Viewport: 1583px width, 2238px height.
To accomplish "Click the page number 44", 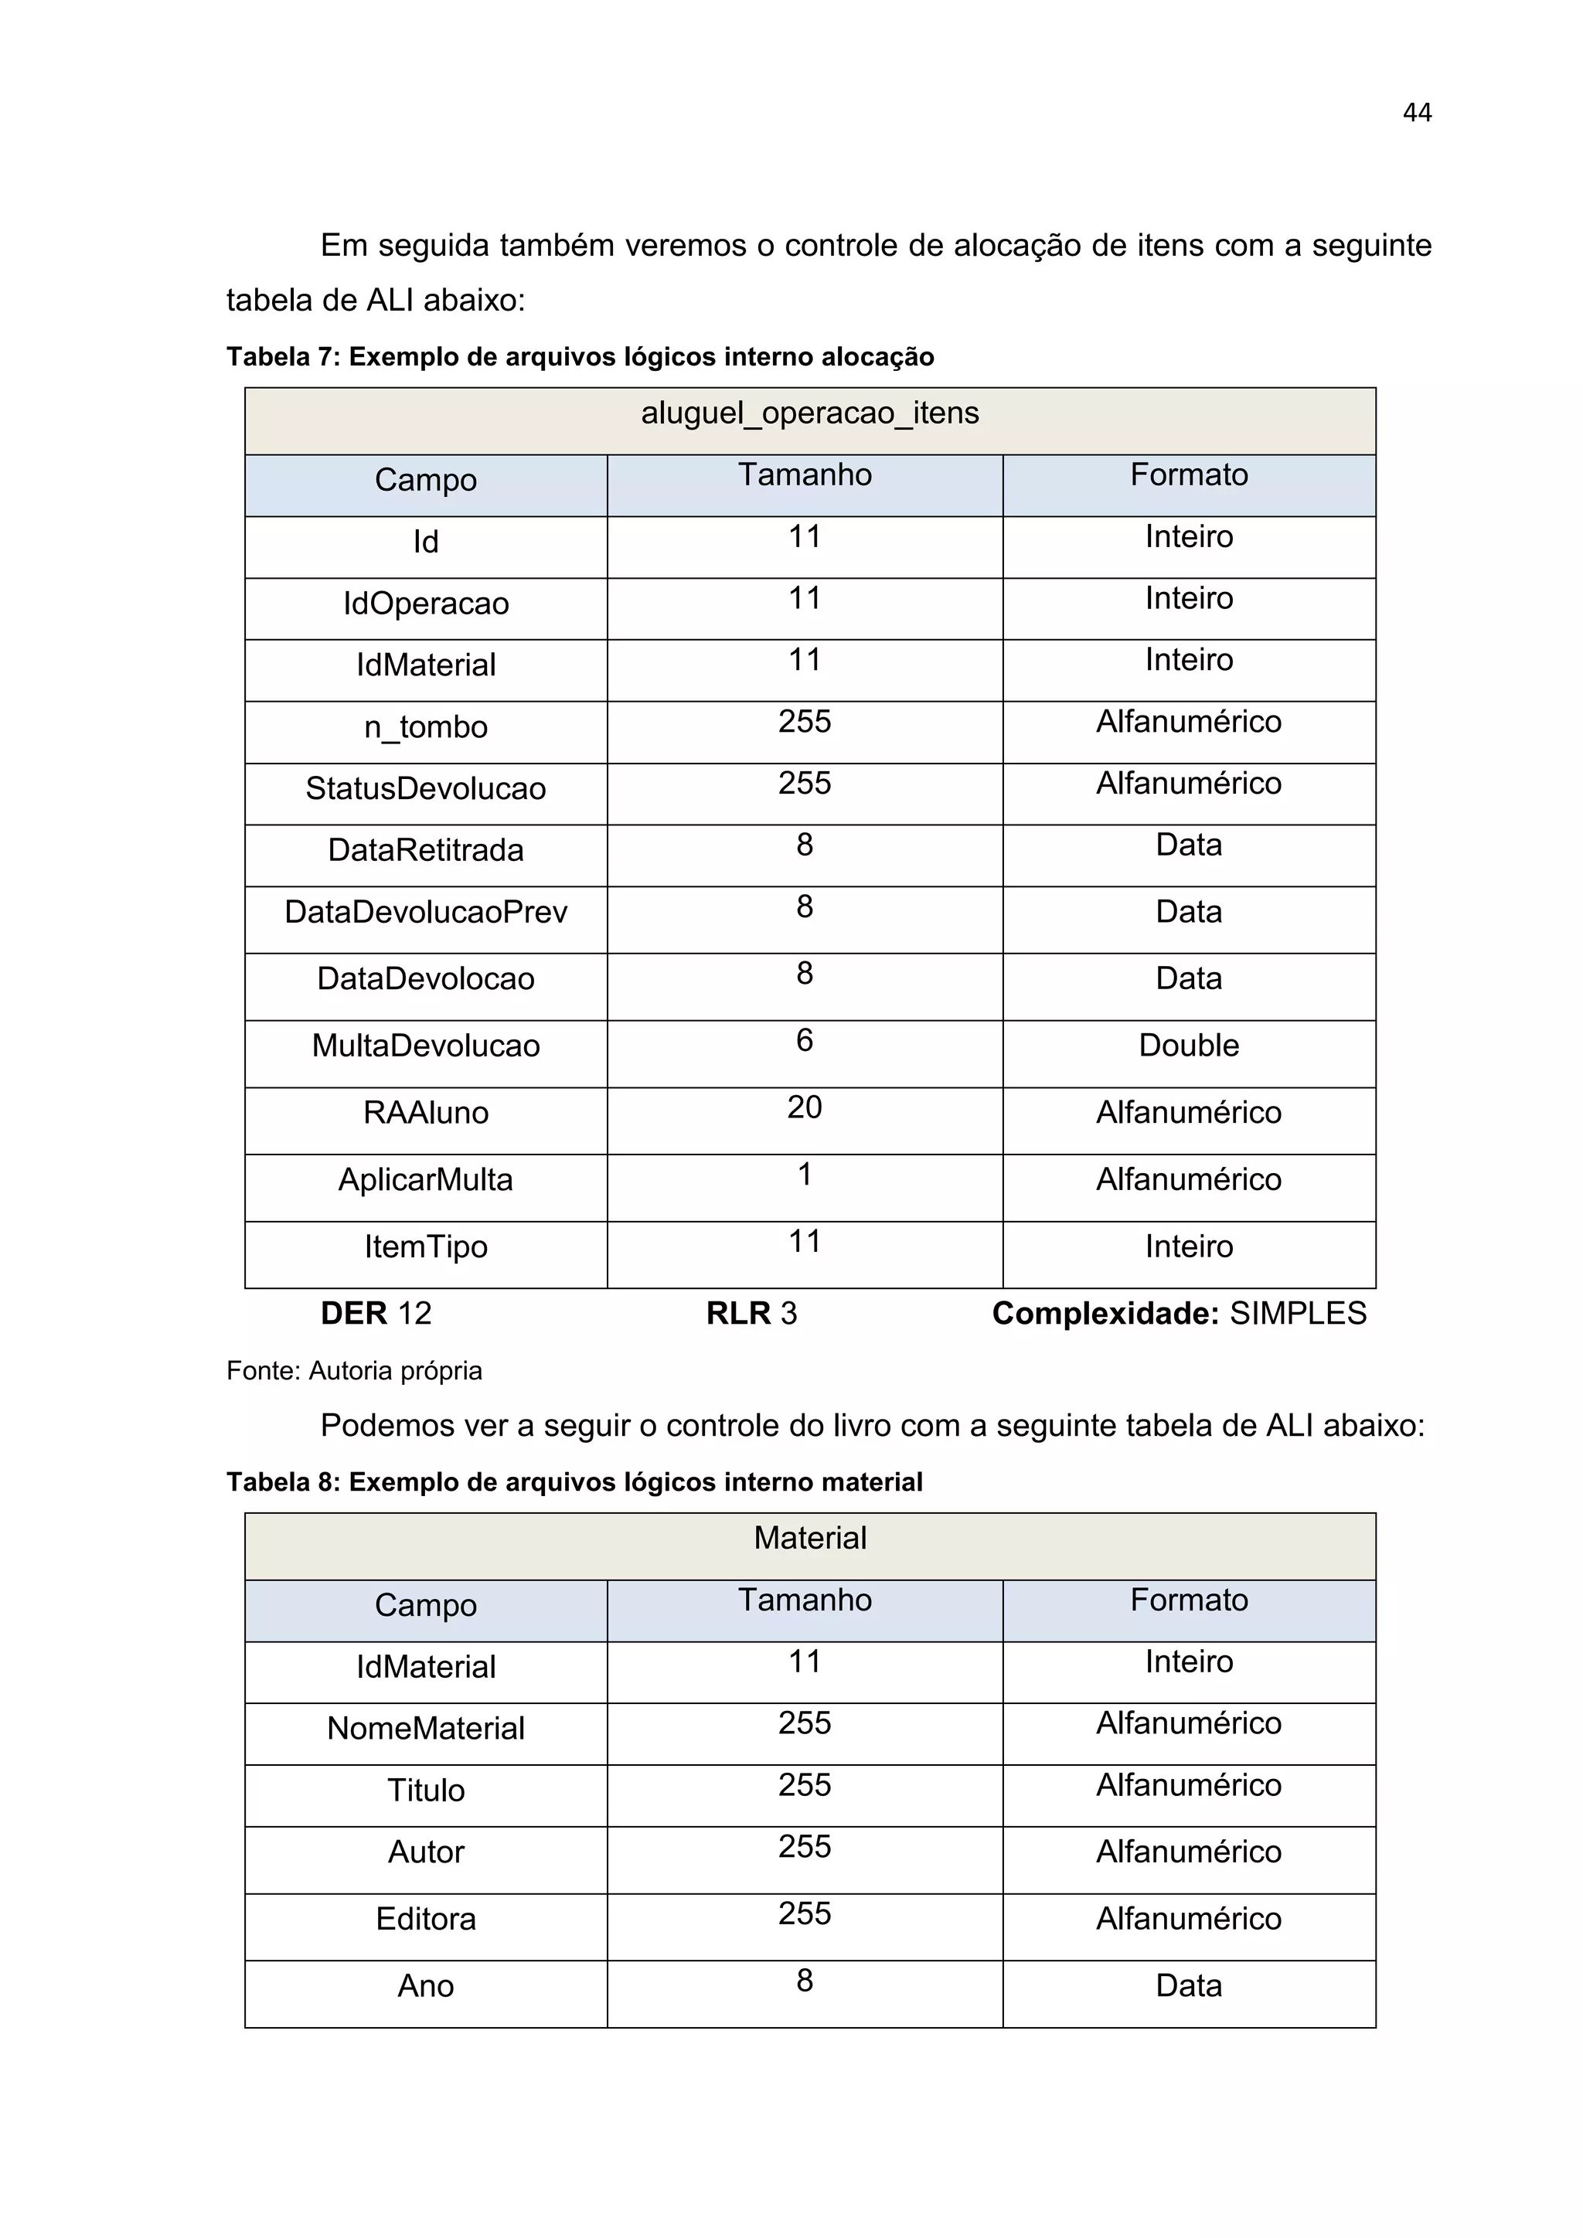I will [1416, 113].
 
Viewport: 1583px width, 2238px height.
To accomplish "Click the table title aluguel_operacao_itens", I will [809, 413].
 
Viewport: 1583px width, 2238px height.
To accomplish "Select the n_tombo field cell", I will [425, 727].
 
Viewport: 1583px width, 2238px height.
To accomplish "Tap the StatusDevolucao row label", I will [425, 788].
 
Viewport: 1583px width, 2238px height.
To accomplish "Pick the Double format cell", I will [1188, 1046].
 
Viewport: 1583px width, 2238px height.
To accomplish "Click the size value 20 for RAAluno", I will [804, 1107].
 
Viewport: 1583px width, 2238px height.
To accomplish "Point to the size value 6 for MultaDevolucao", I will [804, 1040].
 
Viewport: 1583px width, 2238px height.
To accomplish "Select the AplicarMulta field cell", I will [425, 1179].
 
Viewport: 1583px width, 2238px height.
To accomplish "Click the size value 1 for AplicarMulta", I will [804, 1175].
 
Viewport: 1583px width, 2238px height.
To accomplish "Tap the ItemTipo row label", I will [425, 1247].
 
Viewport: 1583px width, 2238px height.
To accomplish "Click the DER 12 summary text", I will [376, 1314].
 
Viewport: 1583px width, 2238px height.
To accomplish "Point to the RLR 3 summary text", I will [751, 1314].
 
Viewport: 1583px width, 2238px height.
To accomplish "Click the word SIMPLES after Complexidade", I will [1298, 1314].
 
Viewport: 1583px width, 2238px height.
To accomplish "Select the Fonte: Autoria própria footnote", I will [354, 1372].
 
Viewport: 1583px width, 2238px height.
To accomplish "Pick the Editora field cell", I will [425, 1920].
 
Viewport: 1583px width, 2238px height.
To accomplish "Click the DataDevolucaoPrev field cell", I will [425, 913].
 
